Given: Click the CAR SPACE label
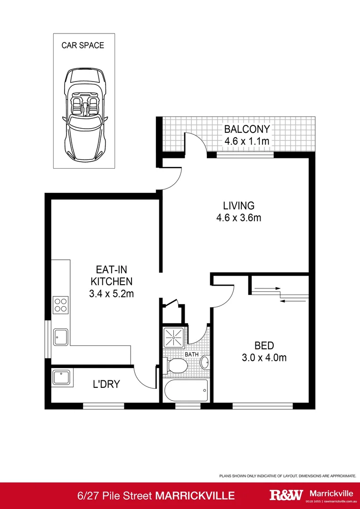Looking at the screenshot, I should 82,46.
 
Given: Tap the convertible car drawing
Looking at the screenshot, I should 83,114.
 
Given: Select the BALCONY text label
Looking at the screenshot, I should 246,129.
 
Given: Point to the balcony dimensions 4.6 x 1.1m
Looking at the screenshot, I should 246,141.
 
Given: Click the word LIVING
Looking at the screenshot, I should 238,205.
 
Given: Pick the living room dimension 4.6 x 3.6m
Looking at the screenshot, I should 238,218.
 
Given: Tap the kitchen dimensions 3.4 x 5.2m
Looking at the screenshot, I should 111,294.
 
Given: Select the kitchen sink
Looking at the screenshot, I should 61,337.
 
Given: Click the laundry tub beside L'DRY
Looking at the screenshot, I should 62,378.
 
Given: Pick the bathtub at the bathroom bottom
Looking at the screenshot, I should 186,390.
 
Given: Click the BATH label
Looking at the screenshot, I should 191,354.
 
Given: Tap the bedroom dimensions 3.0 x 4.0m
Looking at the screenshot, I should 264,358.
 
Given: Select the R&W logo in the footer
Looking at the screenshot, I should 286,495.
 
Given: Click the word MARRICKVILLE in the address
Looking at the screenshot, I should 195,495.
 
